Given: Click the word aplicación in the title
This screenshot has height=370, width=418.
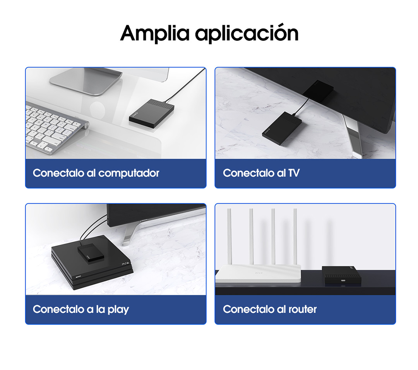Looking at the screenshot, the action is (x=247, y=33).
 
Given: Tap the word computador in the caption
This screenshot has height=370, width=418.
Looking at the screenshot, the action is (x=129, y=173).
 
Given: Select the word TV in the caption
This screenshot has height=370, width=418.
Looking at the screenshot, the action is (x=294, y=173).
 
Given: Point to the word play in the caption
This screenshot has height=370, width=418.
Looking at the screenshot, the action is (x=118, y=310).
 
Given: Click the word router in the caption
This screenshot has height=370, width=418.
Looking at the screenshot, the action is (x=303, y=310).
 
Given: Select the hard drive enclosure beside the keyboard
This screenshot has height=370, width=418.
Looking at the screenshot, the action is (x=152, y=113).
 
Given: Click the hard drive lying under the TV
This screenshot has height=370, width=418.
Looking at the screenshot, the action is (x=282, y=128).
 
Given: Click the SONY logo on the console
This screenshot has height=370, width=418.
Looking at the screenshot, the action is (x=78, y=277).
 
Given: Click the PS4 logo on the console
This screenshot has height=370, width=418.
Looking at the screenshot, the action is (x=125, y=264).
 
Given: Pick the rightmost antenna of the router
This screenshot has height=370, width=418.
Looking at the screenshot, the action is (x=295, y=237).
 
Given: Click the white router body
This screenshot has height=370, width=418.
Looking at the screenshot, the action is (x=258, y=274).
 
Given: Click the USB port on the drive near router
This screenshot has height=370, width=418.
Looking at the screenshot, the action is (x=343, y=281).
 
